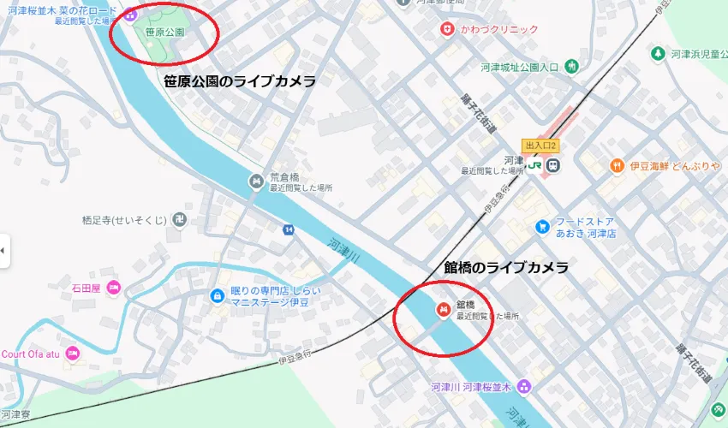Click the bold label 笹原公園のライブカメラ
[x=240, y=81]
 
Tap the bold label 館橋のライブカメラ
[x=505, y=268]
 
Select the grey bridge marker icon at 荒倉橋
[x=256, y=181]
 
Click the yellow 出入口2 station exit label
[x=540, y=145]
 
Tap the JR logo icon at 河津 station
[x=534, y=164]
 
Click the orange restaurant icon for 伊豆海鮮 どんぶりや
[x=616, y=164]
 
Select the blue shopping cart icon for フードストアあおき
[x=541, y=226]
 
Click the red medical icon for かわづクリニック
[x=446, y=29]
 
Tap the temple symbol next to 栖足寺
[x=178, y=219]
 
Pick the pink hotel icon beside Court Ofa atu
[x=73, y=353]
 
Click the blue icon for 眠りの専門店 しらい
[x=218, y=296]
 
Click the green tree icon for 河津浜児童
[x=658, y=54]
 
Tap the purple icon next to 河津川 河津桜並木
[x=524, y=388]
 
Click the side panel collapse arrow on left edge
[x=3, y=250]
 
